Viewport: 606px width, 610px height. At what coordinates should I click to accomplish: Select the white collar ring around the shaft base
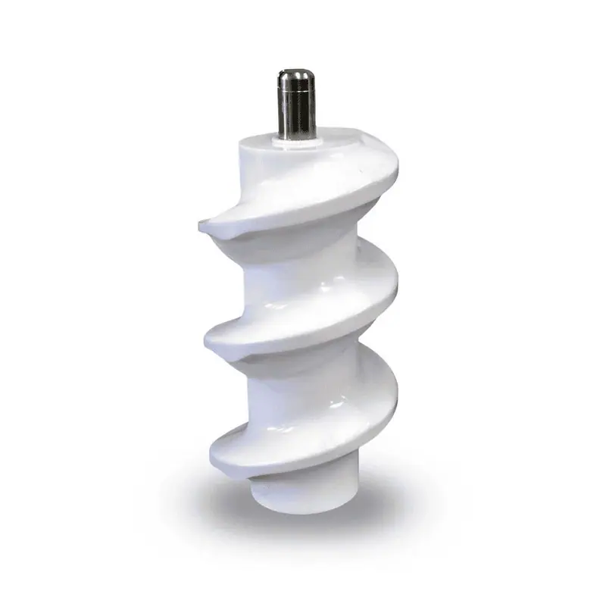click(x=293, y=139)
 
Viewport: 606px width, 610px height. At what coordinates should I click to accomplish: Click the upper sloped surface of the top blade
click(x=318, y=189)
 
